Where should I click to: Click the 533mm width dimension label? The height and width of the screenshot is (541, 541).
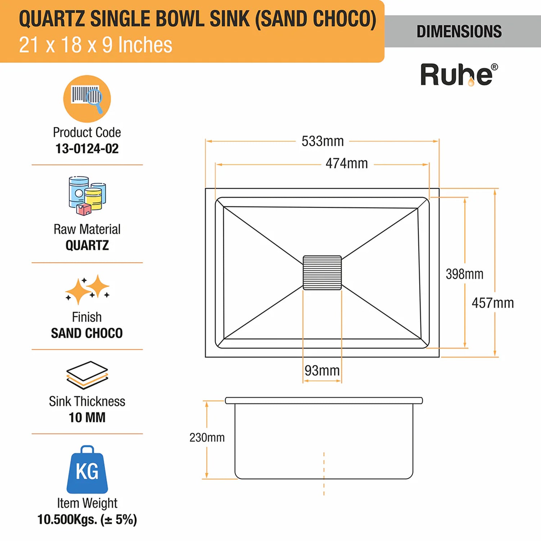pos(322,141)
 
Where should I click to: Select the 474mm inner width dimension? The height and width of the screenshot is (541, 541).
pos(347,163)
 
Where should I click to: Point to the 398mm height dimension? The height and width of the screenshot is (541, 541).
pos(464,274)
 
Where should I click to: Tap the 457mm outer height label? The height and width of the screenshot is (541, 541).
pos(493,303)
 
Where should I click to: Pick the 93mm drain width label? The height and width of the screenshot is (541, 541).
pos(322,370)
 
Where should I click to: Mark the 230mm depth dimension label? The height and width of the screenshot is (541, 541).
pos(207,437)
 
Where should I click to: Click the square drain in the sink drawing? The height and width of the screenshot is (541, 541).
pos(322,273)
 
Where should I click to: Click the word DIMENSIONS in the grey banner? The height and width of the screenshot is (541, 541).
pos(459,31)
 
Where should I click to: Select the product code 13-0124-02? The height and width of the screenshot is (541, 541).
pos(87,149)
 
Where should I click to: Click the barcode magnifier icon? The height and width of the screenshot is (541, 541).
pos(87,98)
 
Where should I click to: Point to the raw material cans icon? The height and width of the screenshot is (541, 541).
pos(87,196)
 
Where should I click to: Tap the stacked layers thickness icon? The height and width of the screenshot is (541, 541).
pos(87,375)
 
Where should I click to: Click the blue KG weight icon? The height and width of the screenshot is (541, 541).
pos(87,470)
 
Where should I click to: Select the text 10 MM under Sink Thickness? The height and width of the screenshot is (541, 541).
pos(87,418)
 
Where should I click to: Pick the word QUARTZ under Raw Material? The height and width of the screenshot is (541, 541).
pos(87,246)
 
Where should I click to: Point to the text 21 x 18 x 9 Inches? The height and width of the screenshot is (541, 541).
pos(96,45)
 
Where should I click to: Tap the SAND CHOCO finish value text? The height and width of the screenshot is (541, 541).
pos(87,333)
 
